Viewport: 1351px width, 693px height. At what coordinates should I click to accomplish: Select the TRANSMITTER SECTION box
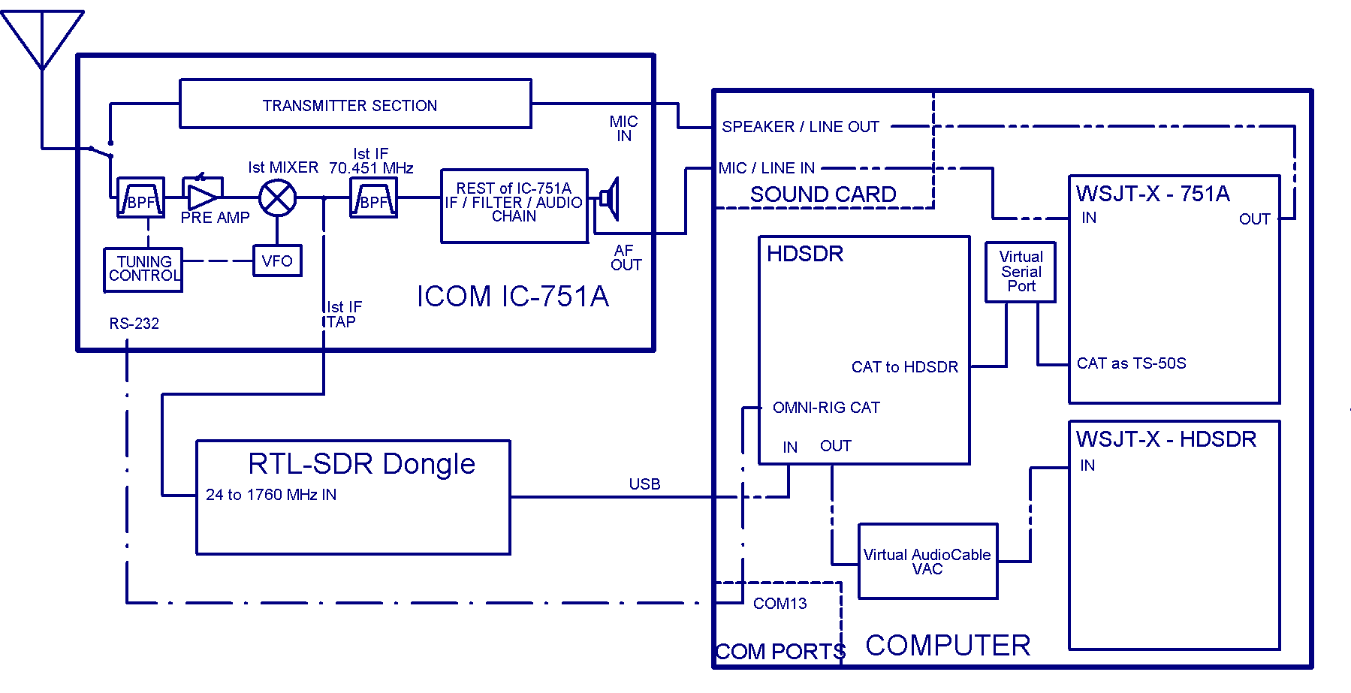355,104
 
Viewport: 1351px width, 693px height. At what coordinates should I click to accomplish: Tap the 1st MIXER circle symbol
278,198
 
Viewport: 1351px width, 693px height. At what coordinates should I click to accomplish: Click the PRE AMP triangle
202,197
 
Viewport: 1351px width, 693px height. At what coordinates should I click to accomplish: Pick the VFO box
277,261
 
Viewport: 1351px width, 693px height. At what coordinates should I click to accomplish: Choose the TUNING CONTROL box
143,269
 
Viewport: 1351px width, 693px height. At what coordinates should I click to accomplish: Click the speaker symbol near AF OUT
610,199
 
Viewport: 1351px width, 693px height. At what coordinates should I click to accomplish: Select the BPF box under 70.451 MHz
373,199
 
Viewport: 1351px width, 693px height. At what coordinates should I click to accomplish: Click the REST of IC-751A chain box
514,206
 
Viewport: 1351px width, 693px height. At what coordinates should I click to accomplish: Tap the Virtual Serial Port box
1021,272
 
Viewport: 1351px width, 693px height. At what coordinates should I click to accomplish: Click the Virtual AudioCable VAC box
927,562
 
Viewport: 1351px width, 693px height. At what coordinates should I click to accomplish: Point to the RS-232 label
134,324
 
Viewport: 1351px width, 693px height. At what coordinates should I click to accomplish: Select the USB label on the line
644,484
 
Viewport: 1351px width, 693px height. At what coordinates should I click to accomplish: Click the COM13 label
780,604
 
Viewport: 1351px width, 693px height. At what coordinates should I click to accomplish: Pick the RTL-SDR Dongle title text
361,464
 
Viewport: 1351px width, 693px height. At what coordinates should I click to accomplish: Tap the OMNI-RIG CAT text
826,408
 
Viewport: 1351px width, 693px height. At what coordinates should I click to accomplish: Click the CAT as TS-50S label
1131,363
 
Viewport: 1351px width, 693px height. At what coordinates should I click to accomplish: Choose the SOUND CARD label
823,194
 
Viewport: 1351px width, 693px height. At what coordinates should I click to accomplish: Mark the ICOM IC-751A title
512,297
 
